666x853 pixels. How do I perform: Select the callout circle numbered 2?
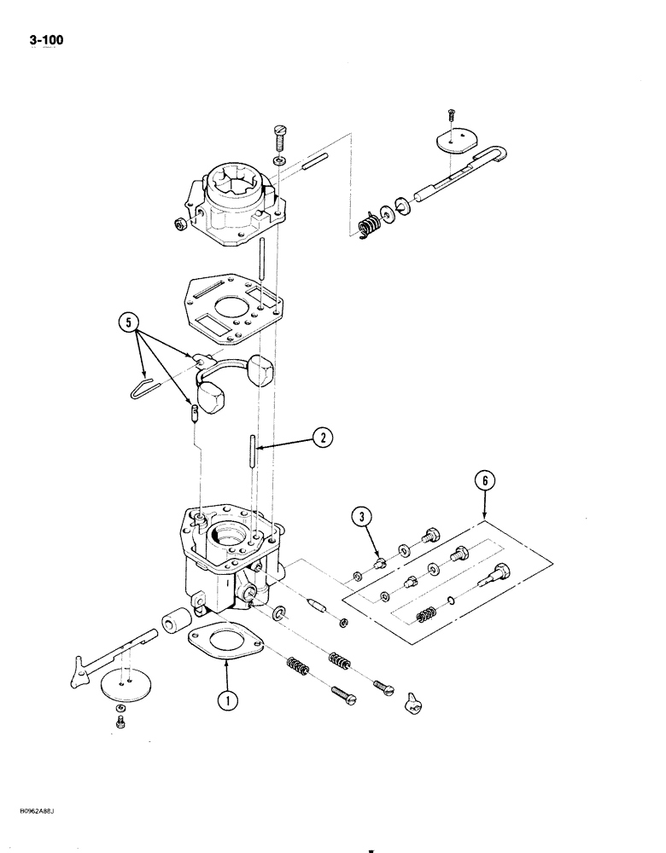click(x=322, y=438)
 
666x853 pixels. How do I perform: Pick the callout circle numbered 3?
click(x=361, y=518)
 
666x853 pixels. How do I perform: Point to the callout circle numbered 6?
click(x=483, y=482)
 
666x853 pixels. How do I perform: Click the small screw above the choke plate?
click(x=452, y=113)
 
